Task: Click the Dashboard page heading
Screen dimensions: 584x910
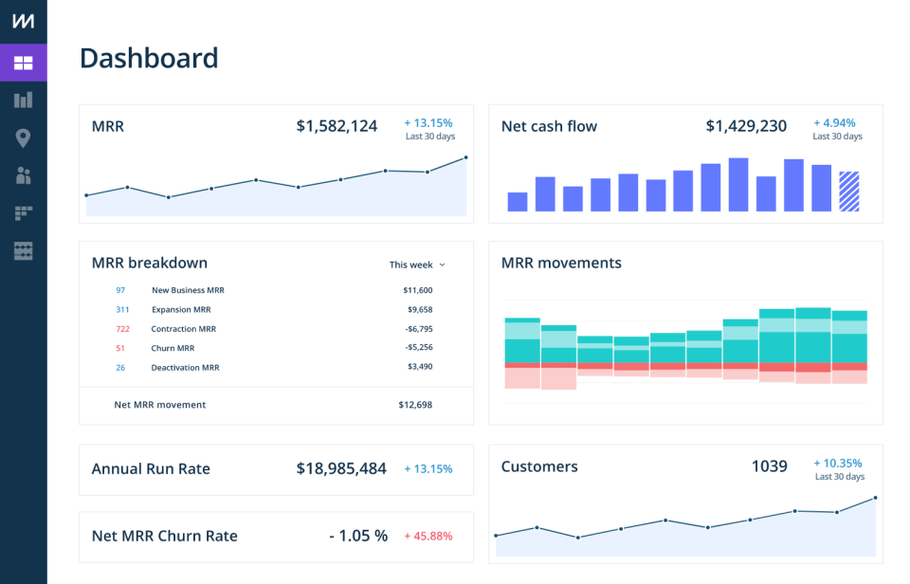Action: pyautogui.click(x=149, y=58)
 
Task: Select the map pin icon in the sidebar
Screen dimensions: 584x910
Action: pyautogui.click(x=23, y=138)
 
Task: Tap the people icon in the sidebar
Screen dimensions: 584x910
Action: pyautogui.click(x=23, y=175)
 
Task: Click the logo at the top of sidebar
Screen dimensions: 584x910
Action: pyautogui.click(x=23, y=22)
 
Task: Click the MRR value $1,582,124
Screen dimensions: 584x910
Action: pyautogui.click(x=337, y=125)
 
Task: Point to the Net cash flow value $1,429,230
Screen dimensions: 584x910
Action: pyautogui.click(x=746, y=126)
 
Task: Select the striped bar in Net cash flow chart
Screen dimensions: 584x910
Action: pyautogui.click(x=849, y=191)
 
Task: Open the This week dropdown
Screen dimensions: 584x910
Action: pyautogui.click(x=417, y=265)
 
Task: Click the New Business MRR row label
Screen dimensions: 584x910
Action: pyautogui.click(x=188, y=290)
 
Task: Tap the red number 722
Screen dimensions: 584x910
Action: pyautogui.click(x=122, y=329)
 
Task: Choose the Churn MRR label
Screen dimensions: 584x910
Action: pyautogui.click(x=173, y=348)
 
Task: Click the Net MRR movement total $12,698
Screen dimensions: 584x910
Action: pyautogui.click(x=415, y=405)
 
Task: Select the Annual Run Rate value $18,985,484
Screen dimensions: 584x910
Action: pyautogui.click(x=341, y=468)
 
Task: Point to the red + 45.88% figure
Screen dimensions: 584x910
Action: pyautogui.click(x=428, y=536)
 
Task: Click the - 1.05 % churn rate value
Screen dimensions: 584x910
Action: pyautogui.click(x=358, y=536)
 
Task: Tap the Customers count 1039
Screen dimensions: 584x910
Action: pyautogui.click(x=769, y=466)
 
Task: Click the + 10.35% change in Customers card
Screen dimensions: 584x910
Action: pyautogui.click(x=838, y=464)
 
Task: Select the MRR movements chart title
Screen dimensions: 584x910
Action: pyautogui.click(x=561, y=263)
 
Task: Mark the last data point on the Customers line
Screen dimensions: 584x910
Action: pyautogui.click(x=875, y=498)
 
